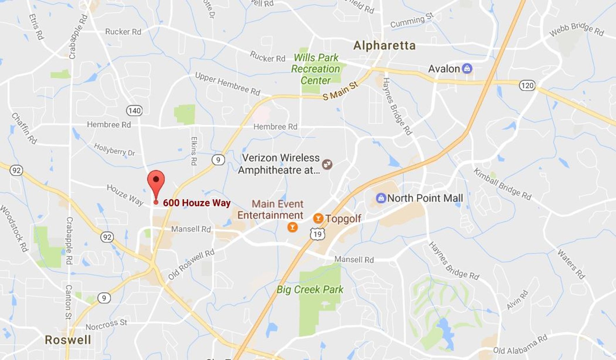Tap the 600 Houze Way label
(196, 203)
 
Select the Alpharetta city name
(384, 46)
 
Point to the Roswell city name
(68, 340)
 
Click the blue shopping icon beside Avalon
(467, 68)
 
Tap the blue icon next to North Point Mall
(381, 198)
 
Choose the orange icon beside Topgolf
(318, 218)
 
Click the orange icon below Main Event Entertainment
(292, 227)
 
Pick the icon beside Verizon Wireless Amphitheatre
(327, 164)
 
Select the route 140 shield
(134, 111)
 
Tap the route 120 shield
(527, 85)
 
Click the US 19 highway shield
(318, 234)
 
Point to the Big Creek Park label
(310, 290)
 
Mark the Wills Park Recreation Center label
(316, 69)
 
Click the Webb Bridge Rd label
(577, 29)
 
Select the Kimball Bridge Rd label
(502, 184)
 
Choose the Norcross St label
(106, 324)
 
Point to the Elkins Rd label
(194, 151)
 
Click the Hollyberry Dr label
(114, 150)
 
